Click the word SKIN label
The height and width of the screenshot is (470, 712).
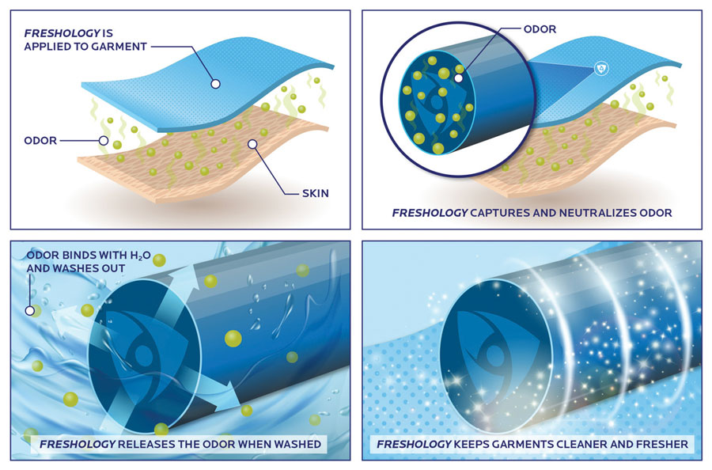(315, 193)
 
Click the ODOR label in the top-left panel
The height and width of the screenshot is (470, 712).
(40, 141)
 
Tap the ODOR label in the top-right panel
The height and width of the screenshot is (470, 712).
(540, 29)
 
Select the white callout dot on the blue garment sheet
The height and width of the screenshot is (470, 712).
(216, 84)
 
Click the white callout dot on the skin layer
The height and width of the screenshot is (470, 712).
(252, 144)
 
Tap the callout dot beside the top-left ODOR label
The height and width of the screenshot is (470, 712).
(104, 141)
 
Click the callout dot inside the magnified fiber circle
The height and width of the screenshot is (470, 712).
(459, 78)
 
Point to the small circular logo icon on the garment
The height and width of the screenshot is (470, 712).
(602, 69)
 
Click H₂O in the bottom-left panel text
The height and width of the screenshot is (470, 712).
(140, 256)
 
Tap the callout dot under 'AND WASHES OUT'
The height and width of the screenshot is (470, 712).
(30, 311)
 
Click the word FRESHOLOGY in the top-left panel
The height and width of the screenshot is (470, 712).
(62, 33)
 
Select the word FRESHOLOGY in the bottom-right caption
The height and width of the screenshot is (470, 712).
(414, 444)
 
